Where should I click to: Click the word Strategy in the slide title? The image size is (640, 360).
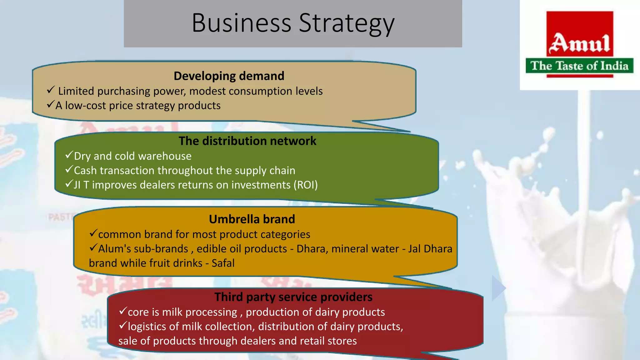tap(347, 23)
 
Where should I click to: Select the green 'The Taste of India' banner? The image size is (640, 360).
tap(579, 66)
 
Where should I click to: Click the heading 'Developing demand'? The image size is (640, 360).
tap(229, 76)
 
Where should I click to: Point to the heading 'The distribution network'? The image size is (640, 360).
tap(247, 141)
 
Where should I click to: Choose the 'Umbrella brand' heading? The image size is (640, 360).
tap(252, 219)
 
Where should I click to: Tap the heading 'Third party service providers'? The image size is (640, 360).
tap(293, 297)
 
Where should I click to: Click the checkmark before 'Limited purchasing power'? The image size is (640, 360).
tap(51, 90)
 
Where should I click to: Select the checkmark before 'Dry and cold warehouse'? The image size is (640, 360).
tap(69, 155)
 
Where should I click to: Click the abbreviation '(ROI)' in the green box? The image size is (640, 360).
tap(305, 185)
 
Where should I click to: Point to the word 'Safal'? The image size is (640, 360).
tap(223, 263)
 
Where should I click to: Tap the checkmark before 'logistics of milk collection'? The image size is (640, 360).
tap(123, 326)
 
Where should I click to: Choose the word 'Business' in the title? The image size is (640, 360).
tap(242, 23)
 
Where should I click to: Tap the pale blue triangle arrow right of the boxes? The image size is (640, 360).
tap(498, 288)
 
